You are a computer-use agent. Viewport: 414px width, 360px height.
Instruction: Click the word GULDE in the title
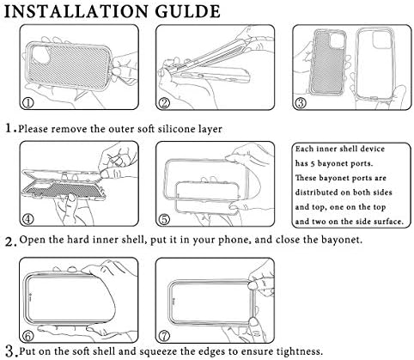[188, 11]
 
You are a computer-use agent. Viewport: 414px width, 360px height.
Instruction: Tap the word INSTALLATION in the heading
[76, 11]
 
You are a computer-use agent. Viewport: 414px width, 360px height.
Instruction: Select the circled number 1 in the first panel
[28, 103]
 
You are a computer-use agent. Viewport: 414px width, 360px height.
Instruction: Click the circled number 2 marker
[164, 103]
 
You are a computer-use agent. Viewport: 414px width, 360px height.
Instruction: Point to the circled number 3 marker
[301, 103]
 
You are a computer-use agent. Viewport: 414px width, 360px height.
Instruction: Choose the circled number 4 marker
[28, 220]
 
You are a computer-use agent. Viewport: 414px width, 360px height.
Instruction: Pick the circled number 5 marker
[164, 220]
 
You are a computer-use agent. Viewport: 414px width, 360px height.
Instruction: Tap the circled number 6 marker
[28, 336]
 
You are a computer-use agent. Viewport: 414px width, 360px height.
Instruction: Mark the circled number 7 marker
[164, 336]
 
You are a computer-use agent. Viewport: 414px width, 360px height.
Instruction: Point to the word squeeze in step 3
[155, 351]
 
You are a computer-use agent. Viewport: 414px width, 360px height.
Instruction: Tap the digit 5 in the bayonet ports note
[312, 163]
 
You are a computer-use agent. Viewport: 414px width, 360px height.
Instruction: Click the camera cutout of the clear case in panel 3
[381, 40]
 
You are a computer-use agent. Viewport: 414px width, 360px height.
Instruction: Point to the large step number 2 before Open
[10, 241]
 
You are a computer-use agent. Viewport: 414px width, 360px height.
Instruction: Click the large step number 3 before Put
[10, 351]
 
